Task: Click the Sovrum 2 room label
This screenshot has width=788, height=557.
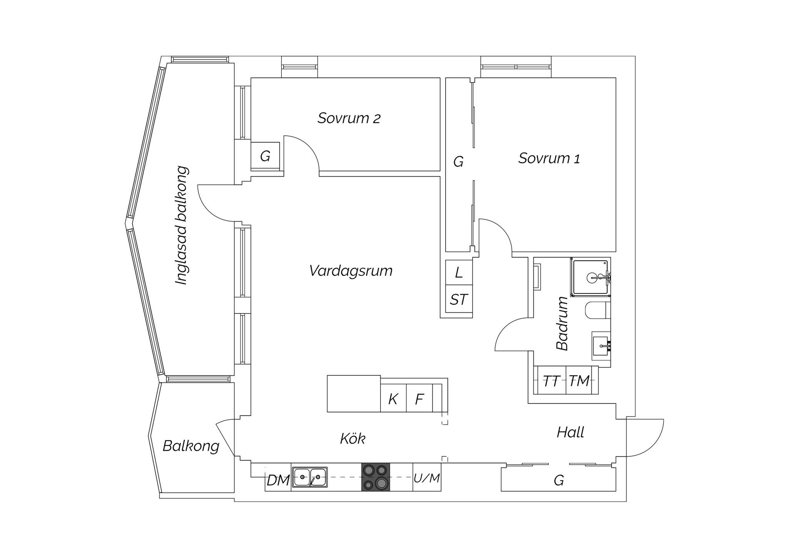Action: [x=349, y=118]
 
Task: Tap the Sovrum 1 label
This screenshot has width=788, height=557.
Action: [x=549, y=158]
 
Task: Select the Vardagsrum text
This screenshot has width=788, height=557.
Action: [x=351, y=271]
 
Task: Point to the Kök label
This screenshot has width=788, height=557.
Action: [x=352, y=438]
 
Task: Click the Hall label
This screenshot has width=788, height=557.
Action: [x=570, y=432]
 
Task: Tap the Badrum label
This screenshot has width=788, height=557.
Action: [x=562, y=323]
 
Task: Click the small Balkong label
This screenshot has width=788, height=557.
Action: [x=191, y=446]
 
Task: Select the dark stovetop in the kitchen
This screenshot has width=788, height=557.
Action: [x=376, y=477]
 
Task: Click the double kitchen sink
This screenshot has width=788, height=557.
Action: [x=310, y=477]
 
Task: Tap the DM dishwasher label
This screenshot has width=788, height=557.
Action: [x=278, y=480]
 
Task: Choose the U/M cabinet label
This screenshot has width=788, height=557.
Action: [x=427, y=478]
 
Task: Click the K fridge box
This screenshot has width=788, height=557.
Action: [x=393, y=398]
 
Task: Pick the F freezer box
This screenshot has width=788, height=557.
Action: [x=419, y=398]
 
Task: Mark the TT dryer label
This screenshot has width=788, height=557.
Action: [x=551, y=381]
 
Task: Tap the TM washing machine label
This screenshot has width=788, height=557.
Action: [x=579, y=381]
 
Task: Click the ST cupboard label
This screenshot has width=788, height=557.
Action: [x=459, y=300]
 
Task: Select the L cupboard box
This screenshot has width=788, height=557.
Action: [x=459, y=272]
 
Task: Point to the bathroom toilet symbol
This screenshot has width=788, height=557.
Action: [x=598, y=310]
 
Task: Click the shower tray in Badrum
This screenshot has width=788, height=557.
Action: [x=590, y=277]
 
